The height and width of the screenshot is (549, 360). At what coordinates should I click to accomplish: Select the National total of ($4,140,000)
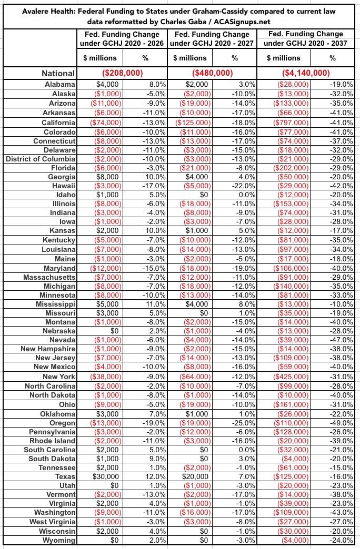pyautogui.click(x=307, y=73)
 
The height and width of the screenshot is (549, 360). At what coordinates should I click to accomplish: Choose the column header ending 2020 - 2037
pyautogui.click(x=307, y=38)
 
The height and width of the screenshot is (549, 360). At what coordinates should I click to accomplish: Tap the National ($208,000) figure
pyautogui.click(x=121, y=73)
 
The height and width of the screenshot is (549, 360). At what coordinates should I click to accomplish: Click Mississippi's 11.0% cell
pyautogui.click(x=154, y=304)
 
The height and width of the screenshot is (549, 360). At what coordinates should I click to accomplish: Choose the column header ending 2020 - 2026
pyautogui.click(x=121, y=38)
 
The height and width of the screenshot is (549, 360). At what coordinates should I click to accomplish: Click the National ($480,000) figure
pyautogui.click(x=213, y=73)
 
